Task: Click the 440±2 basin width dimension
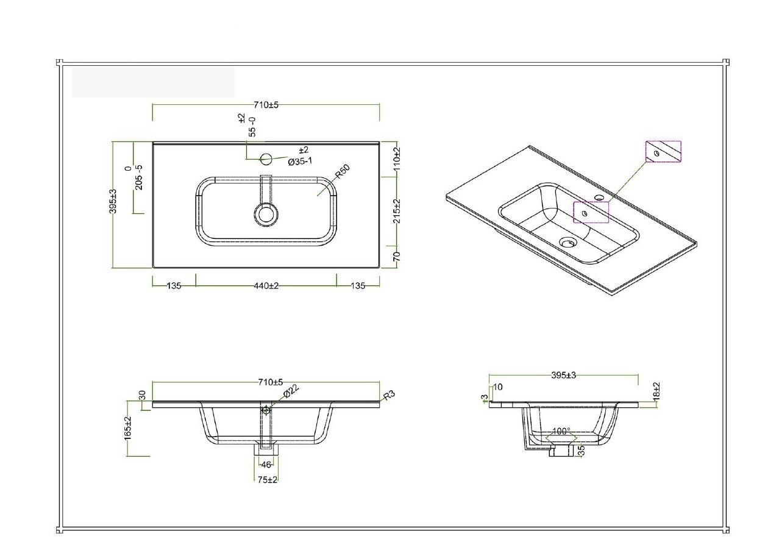266,286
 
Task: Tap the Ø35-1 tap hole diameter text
301,161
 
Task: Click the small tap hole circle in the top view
266,160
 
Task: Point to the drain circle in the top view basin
266,214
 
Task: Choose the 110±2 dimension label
396,159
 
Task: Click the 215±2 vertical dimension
396,210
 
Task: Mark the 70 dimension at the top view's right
396,257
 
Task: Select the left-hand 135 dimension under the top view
174,286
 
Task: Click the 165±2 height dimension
128,428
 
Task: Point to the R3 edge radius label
389,395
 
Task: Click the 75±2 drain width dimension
267,480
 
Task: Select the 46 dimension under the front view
266,465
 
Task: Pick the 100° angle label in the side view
561,431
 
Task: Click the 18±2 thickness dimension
656,391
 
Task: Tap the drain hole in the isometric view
567,242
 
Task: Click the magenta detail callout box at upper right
663,152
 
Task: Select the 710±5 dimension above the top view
266,105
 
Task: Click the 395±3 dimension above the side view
563,376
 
